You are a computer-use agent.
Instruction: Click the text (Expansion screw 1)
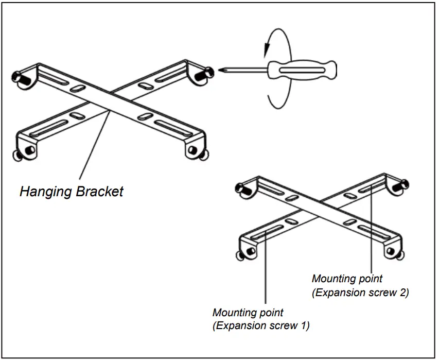click(x=261, y=325)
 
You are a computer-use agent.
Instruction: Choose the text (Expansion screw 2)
click(x=360, y=292)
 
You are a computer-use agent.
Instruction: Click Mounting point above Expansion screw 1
click(x=248, y=313)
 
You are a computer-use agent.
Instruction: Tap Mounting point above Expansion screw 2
click(x=347, y=279)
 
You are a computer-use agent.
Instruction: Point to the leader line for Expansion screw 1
click(x=265, y=273)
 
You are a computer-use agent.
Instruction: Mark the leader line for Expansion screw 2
click(x=372, y=232)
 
